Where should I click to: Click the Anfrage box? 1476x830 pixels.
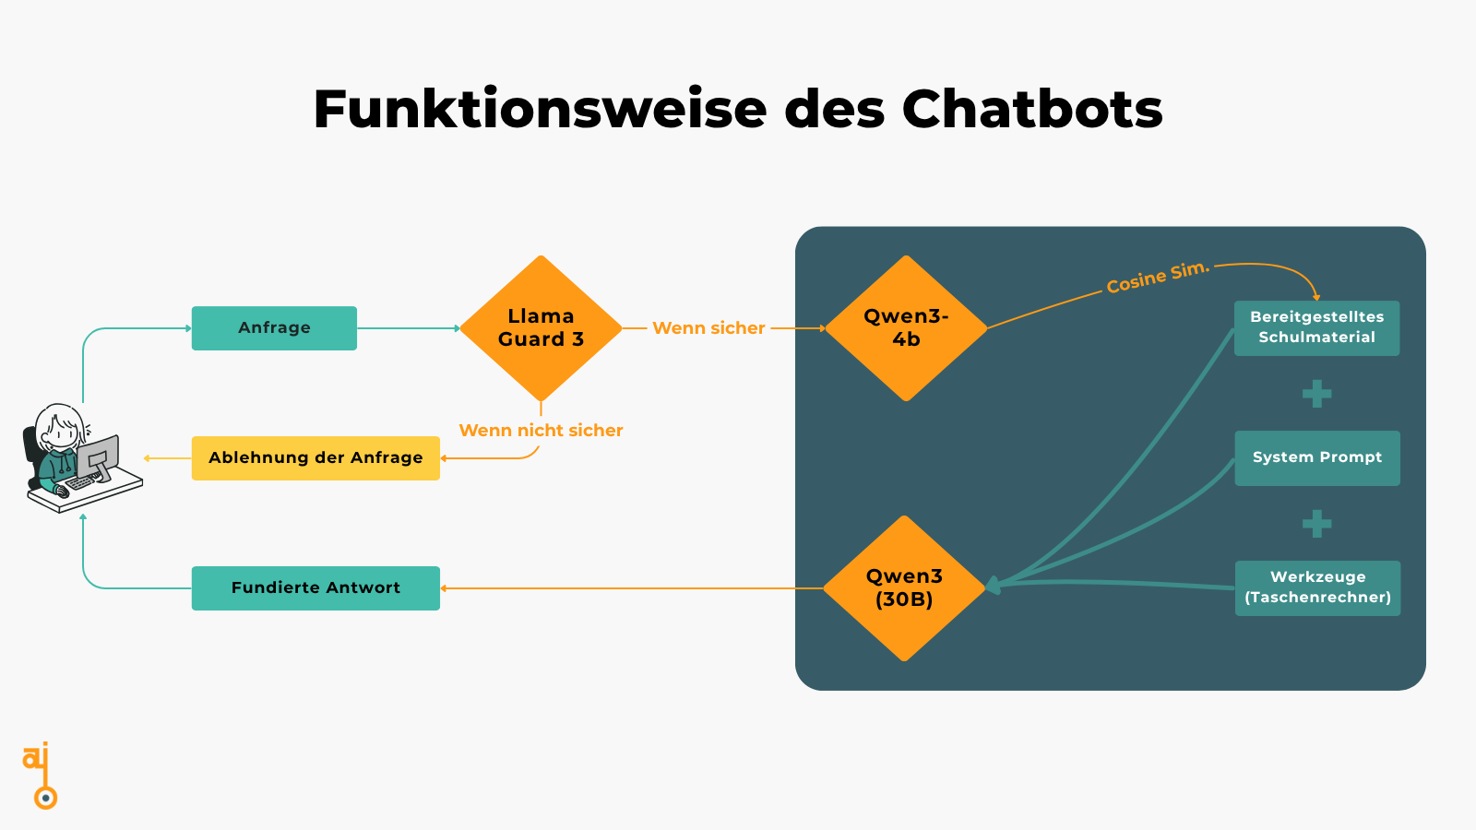(274, 328)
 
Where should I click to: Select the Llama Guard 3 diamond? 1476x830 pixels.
(541, 328)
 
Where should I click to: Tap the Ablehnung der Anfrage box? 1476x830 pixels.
(315, 458)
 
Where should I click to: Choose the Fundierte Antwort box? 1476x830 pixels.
(315, 588)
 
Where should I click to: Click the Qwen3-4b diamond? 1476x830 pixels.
(906, 328)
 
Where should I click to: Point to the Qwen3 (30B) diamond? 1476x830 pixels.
(904, 588)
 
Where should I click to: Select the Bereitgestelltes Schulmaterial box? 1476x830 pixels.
(1316, 328)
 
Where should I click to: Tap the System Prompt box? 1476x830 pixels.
(1316, 458)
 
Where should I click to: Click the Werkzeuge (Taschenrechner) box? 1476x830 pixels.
(1317, 588)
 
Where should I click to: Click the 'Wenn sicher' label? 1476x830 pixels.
(708, 328)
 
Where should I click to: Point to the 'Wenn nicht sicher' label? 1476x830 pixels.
(541, 431)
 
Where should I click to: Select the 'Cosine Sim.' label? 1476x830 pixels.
(1157, 278)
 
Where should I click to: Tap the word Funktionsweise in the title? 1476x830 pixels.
(540, 109)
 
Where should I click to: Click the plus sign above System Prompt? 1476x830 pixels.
(1316, 394)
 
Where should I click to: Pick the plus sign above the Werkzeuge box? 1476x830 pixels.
(1316, 524)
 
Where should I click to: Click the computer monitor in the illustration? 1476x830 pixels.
(98, 456)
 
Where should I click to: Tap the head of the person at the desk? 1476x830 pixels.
(60, 426)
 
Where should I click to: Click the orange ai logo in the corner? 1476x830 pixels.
(40, 775)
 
